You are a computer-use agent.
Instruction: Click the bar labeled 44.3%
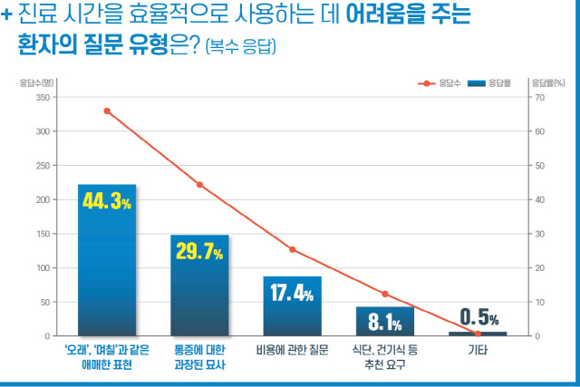click(x=107, y=272)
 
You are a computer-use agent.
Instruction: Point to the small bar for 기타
click(x=478, y=334)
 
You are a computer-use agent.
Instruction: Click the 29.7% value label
click(x=199, y=252)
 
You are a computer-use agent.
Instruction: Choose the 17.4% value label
click(x=292, y=294)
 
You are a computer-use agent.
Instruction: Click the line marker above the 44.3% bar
click(x=107, y=111)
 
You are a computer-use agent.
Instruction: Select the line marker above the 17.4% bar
click(x=292, y=249)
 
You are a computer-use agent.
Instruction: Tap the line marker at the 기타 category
click(x=478, y=334)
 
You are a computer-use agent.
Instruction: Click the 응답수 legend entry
click(x=439, y=83)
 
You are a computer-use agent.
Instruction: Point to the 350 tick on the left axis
click(x=43, y=97)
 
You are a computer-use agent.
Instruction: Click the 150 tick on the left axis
click(x=43, y=234)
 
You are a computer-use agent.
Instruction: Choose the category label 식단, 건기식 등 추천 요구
click(x=384, y=356)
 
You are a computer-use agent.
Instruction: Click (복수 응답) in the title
click(x=242, y=45)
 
